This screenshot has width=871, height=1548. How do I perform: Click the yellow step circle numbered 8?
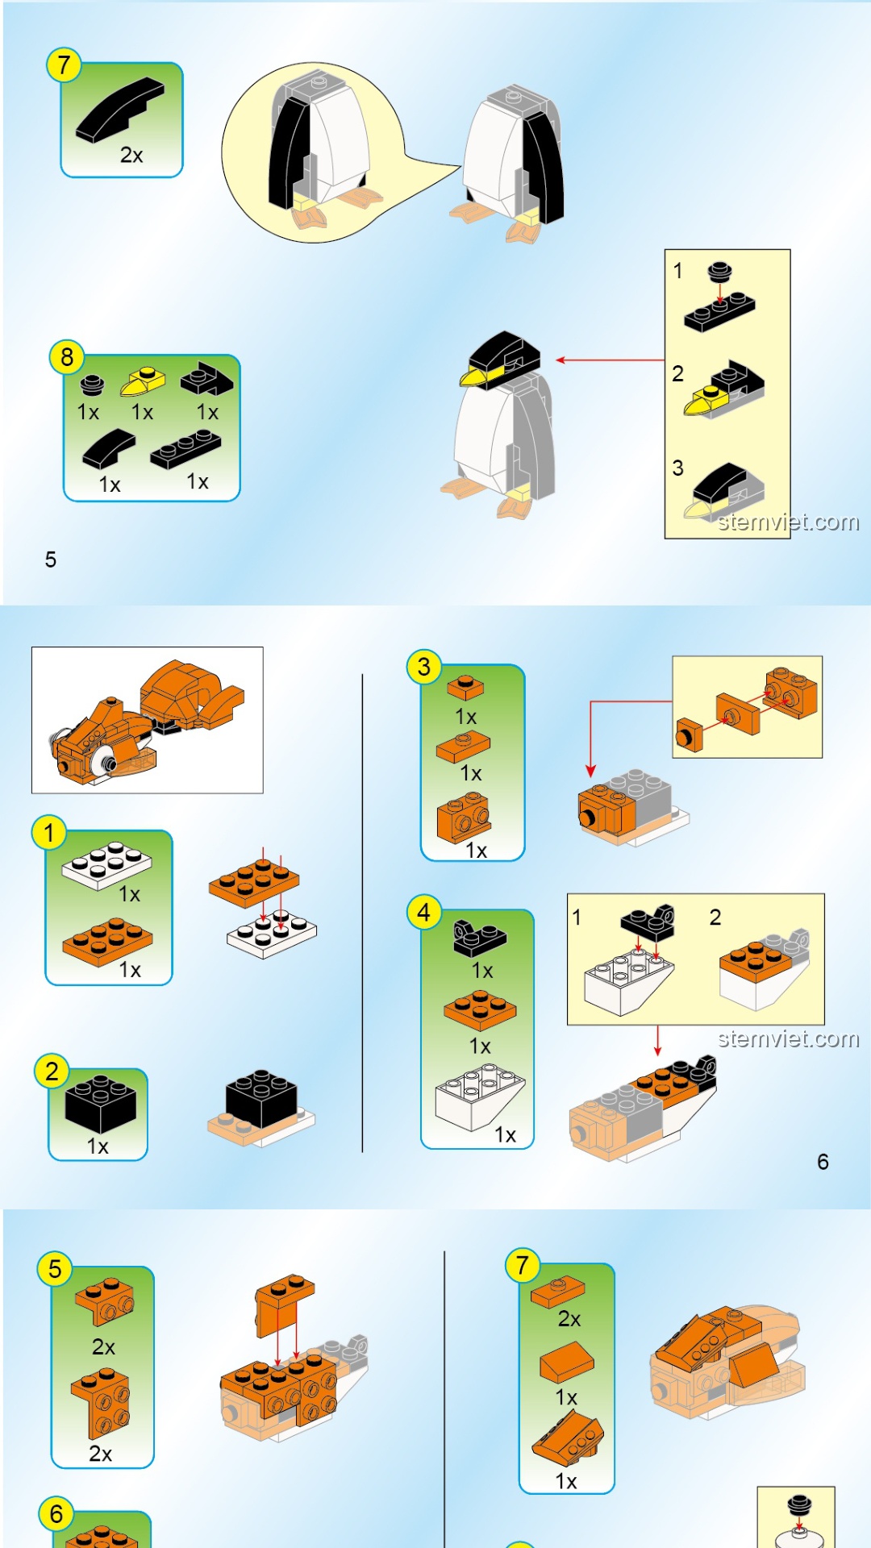click(67, 356)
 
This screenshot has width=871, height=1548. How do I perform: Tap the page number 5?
click(51, 560)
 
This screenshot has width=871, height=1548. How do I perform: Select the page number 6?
click(823, 1162)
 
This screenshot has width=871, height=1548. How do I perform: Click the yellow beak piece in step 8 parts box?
click(143, 381)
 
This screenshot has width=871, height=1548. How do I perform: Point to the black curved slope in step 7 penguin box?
click(120, 110)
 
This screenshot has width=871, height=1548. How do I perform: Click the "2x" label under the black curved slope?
click(131, 155)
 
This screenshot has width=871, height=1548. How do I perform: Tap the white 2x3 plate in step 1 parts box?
click(106, 864)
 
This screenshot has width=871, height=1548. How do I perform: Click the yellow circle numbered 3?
click(424, 667)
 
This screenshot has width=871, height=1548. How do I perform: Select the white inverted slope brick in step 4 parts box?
click(480, 1096)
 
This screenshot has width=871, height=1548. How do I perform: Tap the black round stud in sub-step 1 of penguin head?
click(719, 272)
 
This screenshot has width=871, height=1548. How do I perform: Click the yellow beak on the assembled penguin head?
click(474, 376)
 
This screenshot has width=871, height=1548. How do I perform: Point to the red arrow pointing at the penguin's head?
click(610, 360)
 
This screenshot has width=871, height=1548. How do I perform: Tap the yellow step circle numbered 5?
click(55, 1269)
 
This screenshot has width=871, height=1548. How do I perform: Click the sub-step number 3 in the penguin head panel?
click(678, 468)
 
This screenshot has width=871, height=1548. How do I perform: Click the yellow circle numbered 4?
click(424, 913)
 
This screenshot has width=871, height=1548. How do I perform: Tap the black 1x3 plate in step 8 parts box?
click(185, 450)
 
